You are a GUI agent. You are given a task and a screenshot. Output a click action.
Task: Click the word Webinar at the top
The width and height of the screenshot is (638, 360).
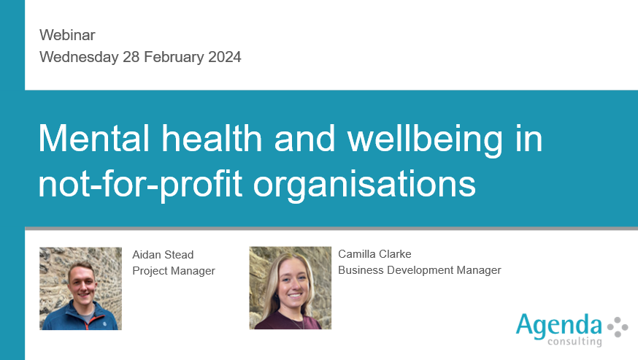pos(67,35)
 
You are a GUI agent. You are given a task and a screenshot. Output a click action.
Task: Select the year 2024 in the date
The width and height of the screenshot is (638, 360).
pos(225,57)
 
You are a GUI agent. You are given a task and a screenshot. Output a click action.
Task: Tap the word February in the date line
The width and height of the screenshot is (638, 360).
pos(174,58)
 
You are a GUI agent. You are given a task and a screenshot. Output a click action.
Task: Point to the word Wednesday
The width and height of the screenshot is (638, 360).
pos(79,58)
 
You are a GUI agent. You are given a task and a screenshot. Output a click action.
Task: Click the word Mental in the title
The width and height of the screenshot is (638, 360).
pos(94,139)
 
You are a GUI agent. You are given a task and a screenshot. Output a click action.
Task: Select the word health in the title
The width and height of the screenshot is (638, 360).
pos(212,139)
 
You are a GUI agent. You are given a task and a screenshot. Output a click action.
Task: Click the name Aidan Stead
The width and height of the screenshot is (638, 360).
pos(163,255)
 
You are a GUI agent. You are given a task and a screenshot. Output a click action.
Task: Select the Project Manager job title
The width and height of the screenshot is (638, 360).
pos(174,271)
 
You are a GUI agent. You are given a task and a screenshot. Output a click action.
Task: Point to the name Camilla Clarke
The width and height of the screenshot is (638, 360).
pos(374,254)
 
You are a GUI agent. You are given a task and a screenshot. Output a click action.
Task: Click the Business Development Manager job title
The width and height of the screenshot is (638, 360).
pos(420,270)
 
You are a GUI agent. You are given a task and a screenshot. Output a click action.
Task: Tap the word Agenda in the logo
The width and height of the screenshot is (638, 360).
pos(558,326)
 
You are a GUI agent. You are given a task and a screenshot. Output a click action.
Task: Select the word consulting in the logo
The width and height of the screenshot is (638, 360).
pos(574,341)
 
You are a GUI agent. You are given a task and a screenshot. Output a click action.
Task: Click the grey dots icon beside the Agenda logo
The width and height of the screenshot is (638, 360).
pos(618,327)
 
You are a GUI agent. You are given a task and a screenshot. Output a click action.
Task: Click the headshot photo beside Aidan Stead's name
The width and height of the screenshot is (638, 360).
pos(80,288)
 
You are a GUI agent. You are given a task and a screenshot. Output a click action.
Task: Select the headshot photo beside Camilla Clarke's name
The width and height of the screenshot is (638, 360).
pos(290,288)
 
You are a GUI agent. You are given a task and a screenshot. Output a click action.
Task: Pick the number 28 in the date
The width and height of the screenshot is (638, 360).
pos(131,57)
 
